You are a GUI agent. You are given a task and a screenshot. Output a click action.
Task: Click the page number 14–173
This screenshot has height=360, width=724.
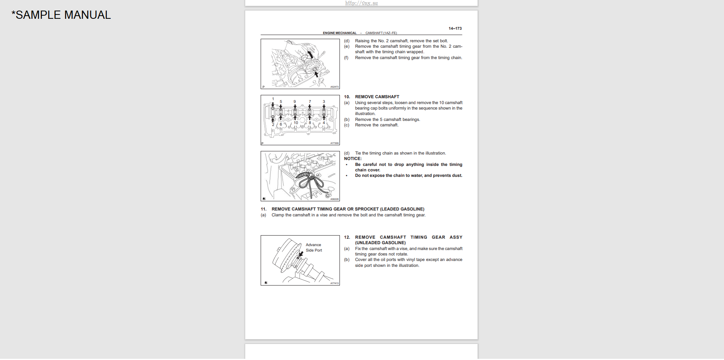coord(455,29)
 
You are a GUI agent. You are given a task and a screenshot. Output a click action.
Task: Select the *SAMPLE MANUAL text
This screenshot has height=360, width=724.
coord(61,15)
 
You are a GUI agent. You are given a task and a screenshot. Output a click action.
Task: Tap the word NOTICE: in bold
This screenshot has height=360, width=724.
coord(353,159)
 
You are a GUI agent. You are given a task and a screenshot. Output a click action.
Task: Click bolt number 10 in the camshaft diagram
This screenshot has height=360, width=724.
coord(296,123)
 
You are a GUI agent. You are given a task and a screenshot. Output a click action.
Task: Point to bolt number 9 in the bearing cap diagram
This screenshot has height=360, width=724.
coord(295,102)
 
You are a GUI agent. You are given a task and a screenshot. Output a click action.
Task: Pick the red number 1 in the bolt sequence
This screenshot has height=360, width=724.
coord(273,99)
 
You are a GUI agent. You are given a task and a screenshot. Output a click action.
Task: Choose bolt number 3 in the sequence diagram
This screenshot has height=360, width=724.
coord(324,102)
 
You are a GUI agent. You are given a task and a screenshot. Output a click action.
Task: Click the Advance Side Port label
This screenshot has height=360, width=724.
coord(314,248)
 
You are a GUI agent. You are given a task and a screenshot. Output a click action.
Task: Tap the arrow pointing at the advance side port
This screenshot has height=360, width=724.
coord(300,254)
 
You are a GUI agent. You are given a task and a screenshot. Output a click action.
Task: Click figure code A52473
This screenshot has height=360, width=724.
coord(334,87)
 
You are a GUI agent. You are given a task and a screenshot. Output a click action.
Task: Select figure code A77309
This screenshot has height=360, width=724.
coord(334,143)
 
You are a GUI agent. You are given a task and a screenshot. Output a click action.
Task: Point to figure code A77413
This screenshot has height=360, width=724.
coord(334,283)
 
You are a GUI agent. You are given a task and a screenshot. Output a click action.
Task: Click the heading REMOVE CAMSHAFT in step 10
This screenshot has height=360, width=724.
coord(377,97)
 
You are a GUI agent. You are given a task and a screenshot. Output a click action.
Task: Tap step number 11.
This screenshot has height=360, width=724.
coord(264,209)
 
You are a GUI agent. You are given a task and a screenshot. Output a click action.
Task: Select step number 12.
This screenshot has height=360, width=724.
coord(347,238)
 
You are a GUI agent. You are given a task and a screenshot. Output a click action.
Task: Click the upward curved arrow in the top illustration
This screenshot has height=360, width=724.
coord(310,54)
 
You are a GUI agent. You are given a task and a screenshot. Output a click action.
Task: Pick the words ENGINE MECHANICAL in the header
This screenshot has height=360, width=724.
coord(340,33)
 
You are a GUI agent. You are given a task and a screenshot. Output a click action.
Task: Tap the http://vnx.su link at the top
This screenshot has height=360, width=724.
coord(361,3)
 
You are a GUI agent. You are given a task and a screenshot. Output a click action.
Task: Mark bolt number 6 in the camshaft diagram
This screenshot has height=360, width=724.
coord(281,124)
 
